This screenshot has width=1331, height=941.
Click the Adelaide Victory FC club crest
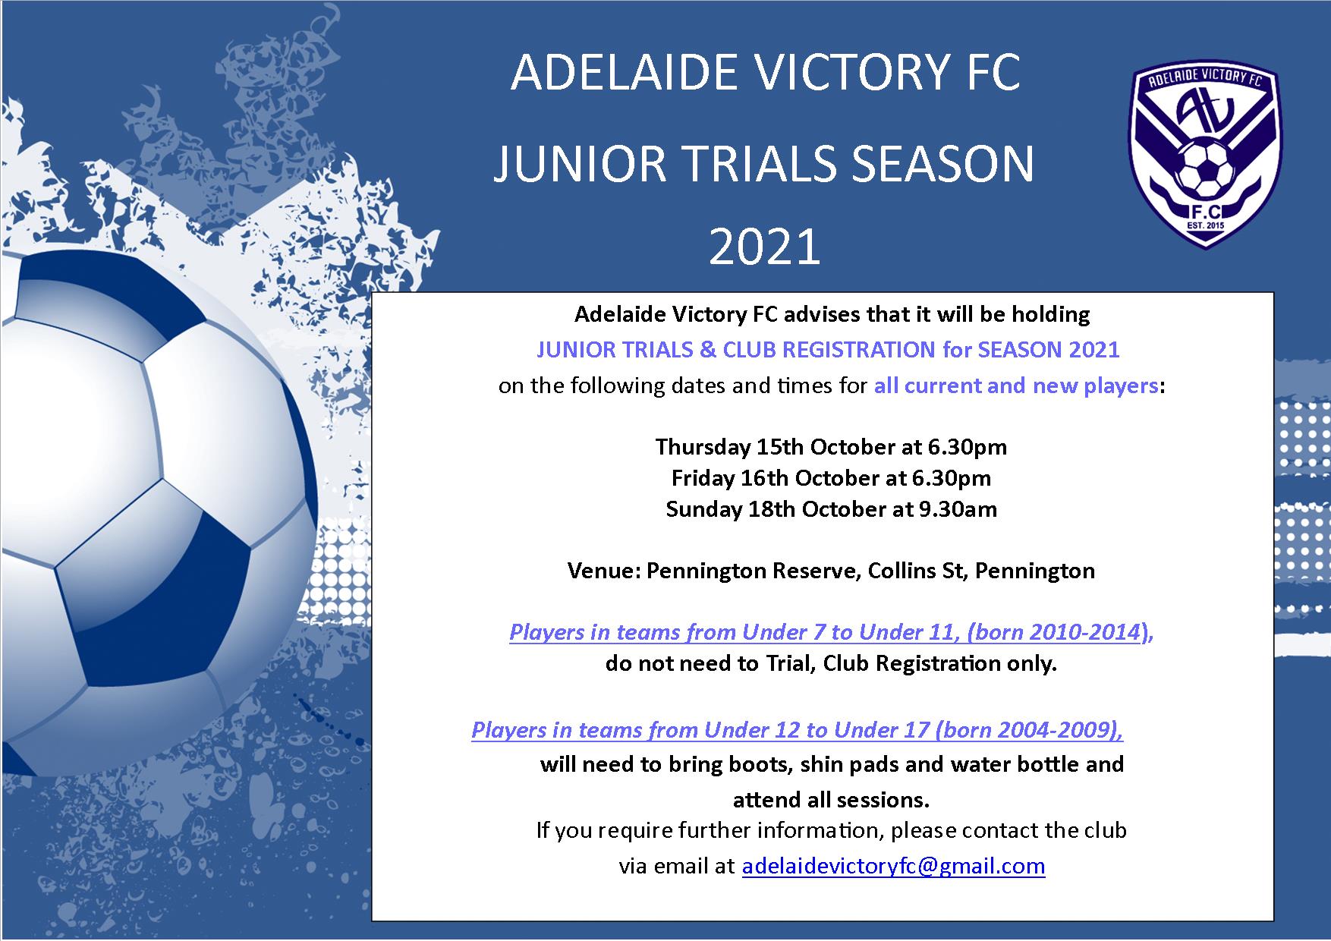click(x=1205, y=156)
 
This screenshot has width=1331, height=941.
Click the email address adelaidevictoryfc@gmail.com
click(x=893, y=866)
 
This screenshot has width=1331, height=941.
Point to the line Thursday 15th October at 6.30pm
click(x=831, y=446)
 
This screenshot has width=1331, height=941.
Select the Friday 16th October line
click(x=831, y=478)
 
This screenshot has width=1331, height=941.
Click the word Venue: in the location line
click(x=604, y=571)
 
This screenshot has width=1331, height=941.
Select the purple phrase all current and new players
click(x=1015, y=386)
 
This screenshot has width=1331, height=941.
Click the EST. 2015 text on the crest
click(x=1205, y=225)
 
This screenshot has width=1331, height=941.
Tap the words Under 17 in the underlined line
click(x=881, y=730)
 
